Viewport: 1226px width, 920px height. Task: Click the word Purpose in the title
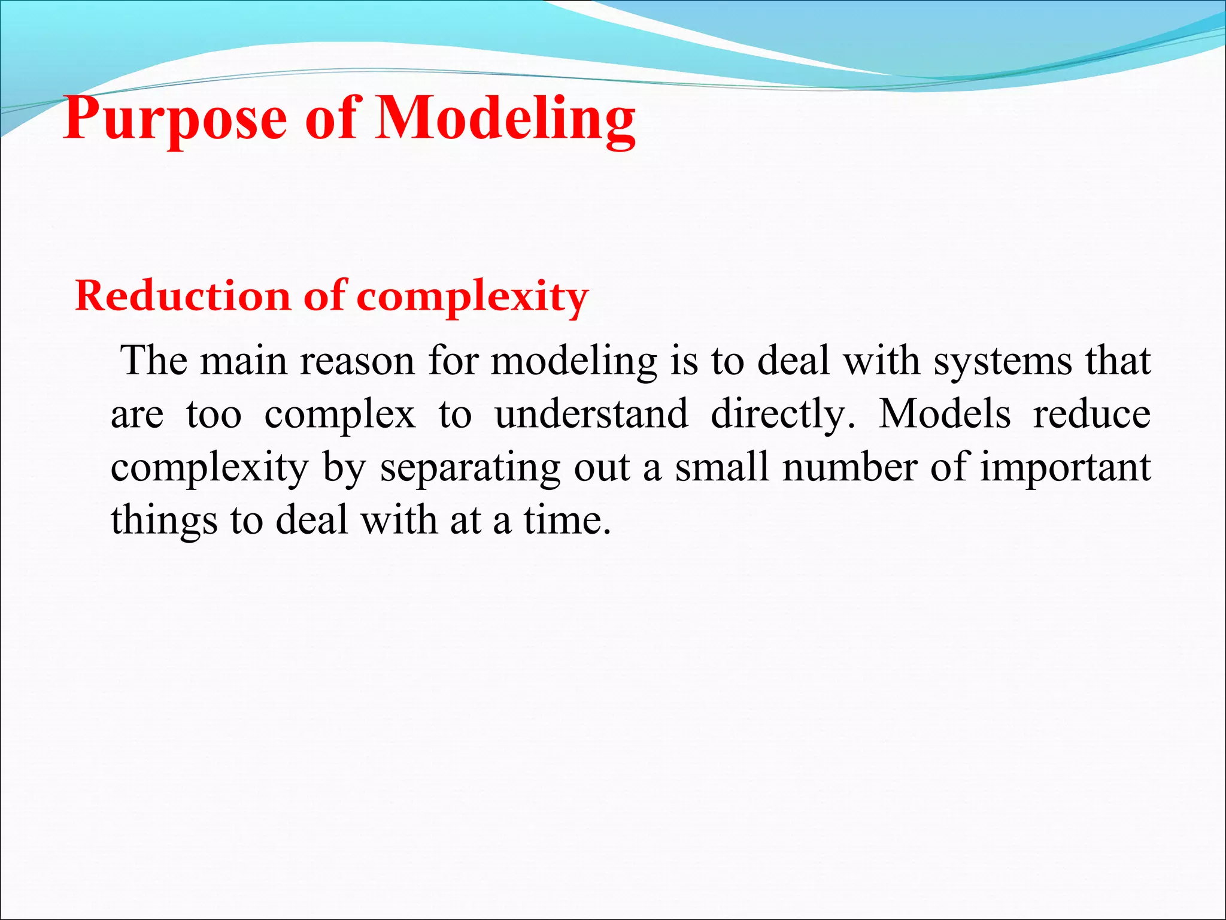tap(175, 120)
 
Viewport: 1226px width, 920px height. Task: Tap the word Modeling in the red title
tap(505, 120)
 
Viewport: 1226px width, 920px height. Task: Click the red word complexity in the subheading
tap(472, 297)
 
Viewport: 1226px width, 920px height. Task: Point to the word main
tap(244, 362)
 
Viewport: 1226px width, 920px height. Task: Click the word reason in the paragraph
tap(357, 362)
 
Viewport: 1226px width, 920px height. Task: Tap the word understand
tap(591, 414)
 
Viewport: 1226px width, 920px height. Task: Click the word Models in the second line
tap(944, 414)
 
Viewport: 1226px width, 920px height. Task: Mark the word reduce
tap(1091, 414)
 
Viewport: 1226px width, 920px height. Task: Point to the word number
tap(849, 467)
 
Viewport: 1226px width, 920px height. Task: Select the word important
tap(1065, 467)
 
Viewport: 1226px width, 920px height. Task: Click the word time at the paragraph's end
tap(567, 520)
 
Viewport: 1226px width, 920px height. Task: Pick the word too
tap(214, 414)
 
